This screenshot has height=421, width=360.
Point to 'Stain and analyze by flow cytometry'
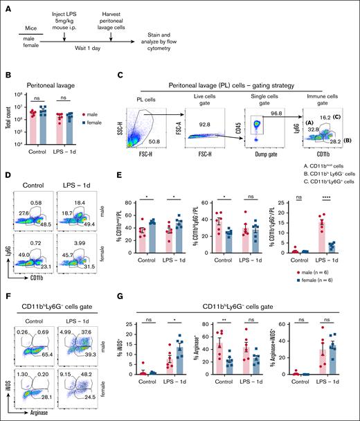point(181,37)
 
